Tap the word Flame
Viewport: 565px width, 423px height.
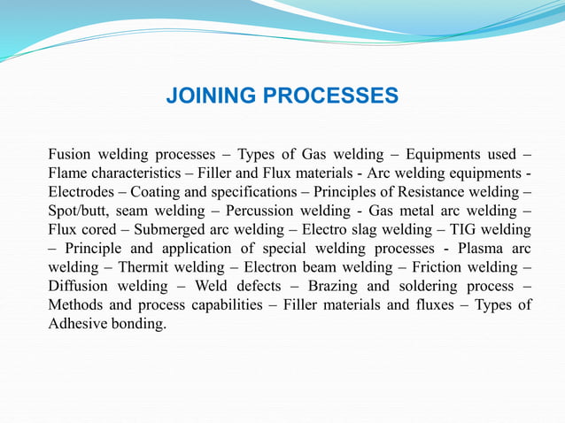(67, 172)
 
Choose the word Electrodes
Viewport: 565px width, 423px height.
(81, 191)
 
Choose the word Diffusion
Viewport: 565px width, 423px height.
(79, 287)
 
